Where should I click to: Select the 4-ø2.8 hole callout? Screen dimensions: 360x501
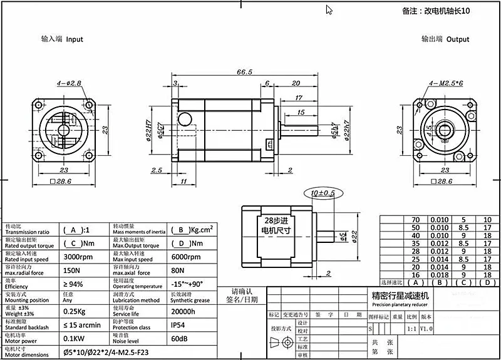pyautogui.click(x=70, y=83)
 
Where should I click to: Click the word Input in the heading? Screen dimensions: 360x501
pyautogui.click(x=75, y=39)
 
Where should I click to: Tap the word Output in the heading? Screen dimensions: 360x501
pyautogui.click(x=458, y=39)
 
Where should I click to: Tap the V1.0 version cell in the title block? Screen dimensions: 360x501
pyautogui.click(x=426, y=328)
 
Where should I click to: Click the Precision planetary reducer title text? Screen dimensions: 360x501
pyautogui.click(x=399, y=305)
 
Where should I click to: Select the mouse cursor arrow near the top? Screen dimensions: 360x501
pyautogui.click(x=329, y=9)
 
